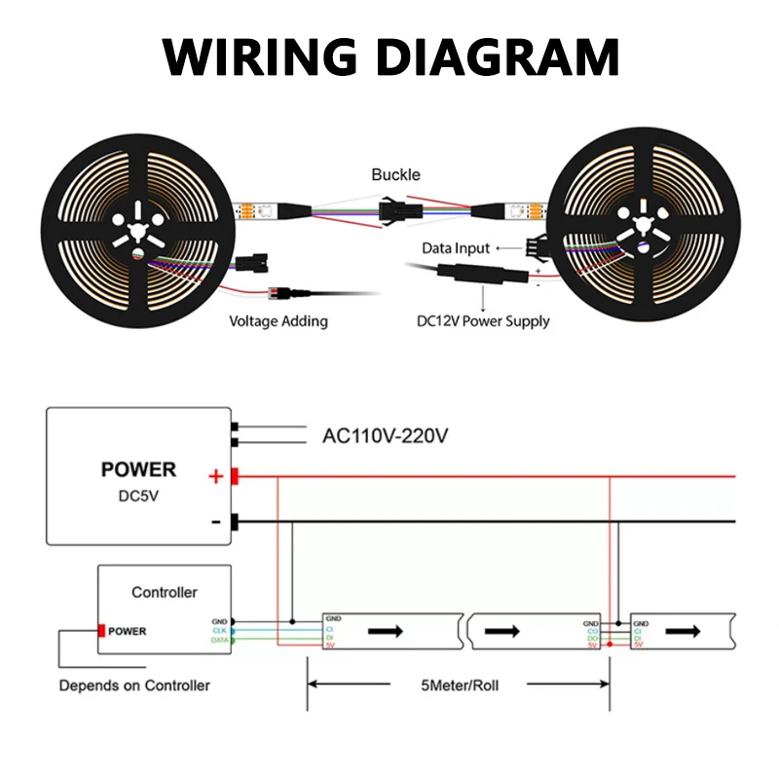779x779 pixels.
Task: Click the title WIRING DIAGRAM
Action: (389, 56)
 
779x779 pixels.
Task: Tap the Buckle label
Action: (395, 175)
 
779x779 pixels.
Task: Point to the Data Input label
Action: (456, 249)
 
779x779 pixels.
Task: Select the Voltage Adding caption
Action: (278, 320)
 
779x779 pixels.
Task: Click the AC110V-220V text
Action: (385, 436)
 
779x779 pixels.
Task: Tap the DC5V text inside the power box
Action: (139, 496)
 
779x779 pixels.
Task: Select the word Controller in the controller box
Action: (164, 592)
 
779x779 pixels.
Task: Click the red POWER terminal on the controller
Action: (100, 631)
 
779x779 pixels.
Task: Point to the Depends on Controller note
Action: (134, 686)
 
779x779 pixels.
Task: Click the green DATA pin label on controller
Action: (220, 640)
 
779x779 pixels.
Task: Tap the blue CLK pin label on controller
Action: (220, 630)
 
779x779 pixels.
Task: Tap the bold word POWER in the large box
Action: (139, 470)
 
